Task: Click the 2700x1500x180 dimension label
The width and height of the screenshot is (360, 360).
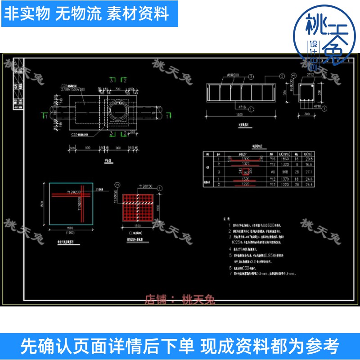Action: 73,89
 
